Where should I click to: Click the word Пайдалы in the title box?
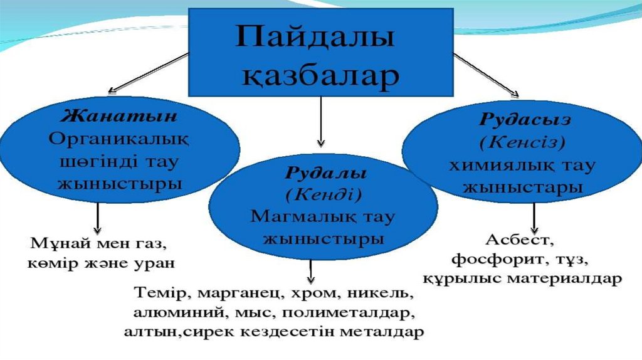point(315,40)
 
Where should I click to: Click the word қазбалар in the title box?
point(320,76)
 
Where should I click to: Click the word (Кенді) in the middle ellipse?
point(324,194)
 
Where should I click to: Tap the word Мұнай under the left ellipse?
point(52,243)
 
